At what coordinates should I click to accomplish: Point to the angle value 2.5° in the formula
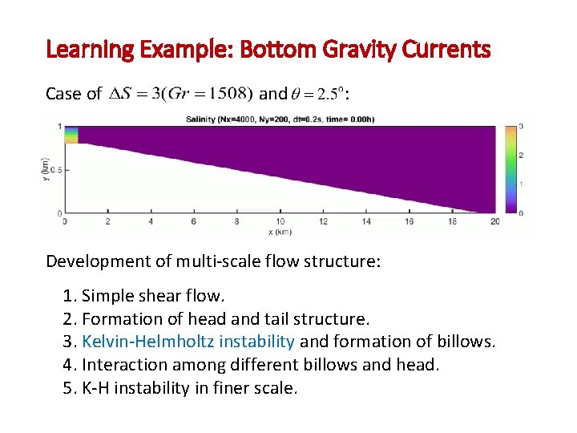pos(329,94)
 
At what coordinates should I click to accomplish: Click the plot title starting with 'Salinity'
pos(280,119)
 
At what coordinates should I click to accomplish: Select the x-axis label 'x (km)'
pos(280,233)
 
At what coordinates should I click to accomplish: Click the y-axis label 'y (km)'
pos(46,169)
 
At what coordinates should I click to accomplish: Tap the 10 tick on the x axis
pos(280,221)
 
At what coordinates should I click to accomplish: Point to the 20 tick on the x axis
pos(494,221)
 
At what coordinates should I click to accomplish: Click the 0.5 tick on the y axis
pos(55,170)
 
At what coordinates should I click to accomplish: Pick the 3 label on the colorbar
pos(521,127)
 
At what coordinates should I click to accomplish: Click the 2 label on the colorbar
pos(521,155)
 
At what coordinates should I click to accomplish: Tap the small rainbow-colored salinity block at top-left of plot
pos(71,134)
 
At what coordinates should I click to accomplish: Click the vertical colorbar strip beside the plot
pos(510,169)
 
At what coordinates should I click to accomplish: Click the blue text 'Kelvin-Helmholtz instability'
pos(188,342)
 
